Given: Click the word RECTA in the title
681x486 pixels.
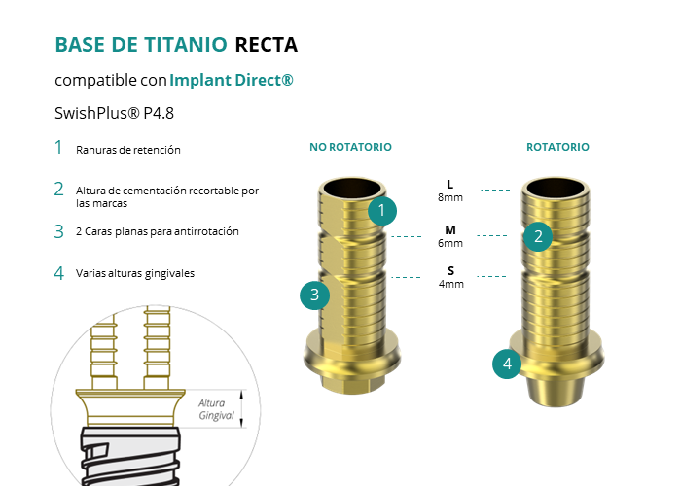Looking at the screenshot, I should tap(266, 45).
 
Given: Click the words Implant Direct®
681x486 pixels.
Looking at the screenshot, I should tap(232, 80).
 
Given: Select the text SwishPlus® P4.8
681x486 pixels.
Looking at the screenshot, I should tap(115, 113).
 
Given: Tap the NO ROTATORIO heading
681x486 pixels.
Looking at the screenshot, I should tap(350, 147).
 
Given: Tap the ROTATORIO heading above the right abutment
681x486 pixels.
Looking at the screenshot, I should tap(557, 147).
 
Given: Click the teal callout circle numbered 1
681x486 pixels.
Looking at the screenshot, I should tap(382, 209).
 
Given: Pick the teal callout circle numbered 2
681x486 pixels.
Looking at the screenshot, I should tap(537, 235).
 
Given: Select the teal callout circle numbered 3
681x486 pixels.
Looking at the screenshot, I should tap(314, 295).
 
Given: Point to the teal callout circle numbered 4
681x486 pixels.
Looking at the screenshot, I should tap(507, 364).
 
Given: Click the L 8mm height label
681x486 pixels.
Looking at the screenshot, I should tap(449, 191).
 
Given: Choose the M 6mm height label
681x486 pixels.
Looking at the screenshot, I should tap(449, 236).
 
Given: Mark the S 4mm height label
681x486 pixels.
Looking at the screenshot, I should tap(449, 277).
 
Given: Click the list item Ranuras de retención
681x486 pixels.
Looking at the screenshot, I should tap(128, 150).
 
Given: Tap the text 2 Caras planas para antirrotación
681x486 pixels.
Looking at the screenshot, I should tap(157, 231).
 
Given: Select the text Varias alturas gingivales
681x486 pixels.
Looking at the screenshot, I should tap(135, 273).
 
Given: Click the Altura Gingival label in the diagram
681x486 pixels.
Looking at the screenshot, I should tap(216, 409).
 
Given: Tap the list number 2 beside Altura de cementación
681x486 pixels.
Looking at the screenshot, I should tap(58, 190).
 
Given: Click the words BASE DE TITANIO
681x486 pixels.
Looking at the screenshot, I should tap(141, 45).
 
